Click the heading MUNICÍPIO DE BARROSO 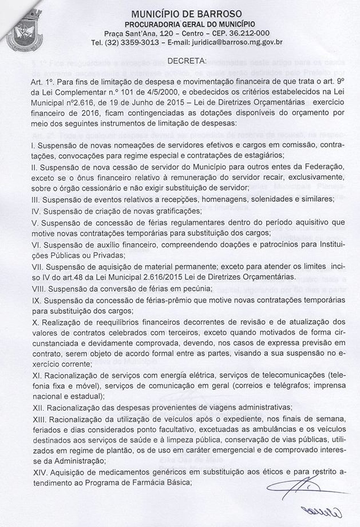pyautogui.click(x=186, y=13)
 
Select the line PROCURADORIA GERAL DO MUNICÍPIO pyautogui.click(x=186, y=23)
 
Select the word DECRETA pyautogui.click(x=186, y=61)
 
